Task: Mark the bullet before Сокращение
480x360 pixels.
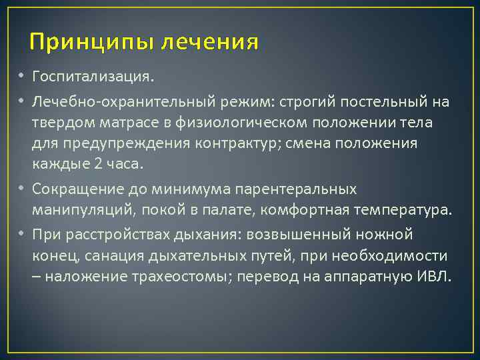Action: (21, 189)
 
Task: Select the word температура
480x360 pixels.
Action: (407, 210)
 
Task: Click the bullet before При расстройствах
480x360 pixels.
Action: (21, 235)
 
